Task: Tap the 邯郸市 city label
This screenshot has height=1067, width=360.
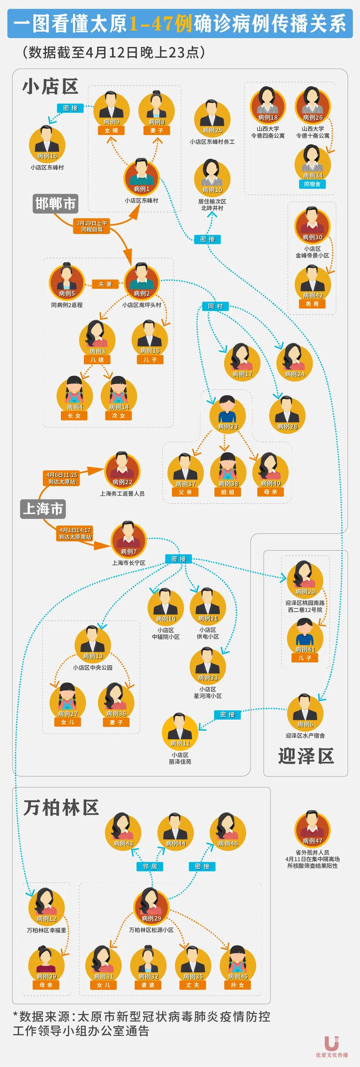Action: tap(55, 204)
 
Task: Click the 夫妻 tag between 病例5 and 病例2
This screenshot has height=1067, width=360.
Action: tap(105, 284)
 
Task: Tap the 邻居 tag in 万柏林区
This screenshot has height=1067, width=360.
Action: tap(150, 866)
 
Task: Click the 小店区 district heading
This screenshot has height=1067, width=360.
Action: tap(50, 87)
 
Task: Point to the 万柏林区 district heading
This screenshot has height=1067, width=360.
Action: tap(61, 807)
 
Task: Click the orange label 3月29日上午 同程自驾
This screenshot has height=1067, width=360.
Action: tap(92, 226)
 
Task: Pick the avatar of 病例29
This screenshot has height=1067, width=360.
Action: tap(151, 906)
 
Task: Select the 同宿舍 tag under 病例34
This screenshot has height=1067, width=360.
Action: tap(312, 184)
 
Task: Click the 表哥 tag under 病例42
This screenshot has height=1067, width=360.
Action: tap(312, 304)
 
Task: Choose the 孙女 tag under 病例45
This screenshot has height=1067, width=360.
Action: tap(238, 985)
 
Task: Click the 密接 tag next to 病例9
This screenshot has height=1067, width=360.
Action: tap(70, 108)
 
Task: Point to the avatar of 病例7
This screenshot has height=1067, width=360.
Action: tap(129, 539)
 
